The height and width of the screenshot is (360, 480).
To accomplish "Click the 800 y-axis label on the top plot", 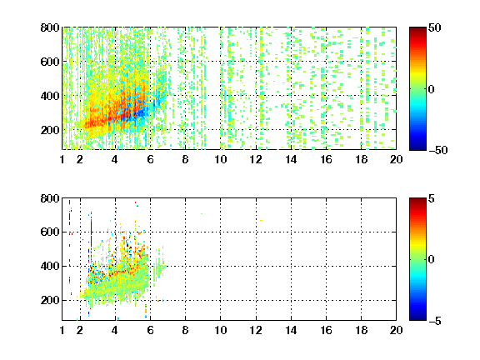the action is click(50, 27).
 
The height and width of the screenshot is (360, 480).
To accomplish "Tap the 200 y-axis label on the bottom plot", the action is click(50, 300).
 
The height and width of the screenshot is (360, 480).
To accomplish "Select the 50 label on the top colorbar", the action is click(434, 27).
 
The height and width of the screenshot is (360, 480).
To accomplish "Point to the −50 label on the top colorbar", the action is click(437, 150).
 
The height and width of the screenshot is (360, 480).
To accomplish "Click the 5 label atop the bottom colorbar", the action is click(431, 198).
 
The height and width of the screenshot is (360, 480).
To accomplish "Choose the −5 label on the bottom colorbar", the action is click(435, 321).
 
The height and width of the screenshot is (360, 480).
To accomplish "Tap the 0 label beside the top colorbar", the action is click(431, 89).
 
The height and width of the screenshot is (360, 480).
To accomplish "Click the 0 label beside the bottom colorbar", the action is click(431, 260).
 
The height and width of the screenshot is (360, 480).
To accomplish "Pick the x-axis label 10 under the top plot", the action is click(220, 159).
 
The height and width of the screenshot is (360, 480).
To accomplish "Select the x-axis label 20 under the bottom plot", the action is click(396, 330).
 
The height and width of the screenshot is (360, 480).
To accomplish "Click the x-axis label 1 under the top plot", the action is click(62, 159).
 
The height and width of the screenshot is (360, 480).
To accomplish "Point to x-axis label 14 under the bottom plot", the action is click(291, 330).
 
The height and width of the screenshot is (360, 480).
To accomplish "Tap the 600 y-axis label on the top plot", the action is click(50, 62).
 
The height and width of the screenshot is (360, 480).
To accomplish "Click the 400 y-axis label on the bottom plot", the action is click(50, 266).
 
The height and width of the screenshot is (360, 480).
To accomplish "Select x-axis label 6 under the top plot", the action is click(150, 159).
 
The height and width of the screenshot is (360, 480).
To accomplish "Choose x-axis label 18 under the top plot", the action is click(361, 159).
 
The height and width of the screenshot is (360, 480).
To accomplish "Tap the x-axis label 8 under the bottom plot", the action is click(185, 330).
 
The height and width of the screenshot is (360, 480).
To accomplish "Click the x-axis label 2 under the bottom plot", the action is click(80, 330).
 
